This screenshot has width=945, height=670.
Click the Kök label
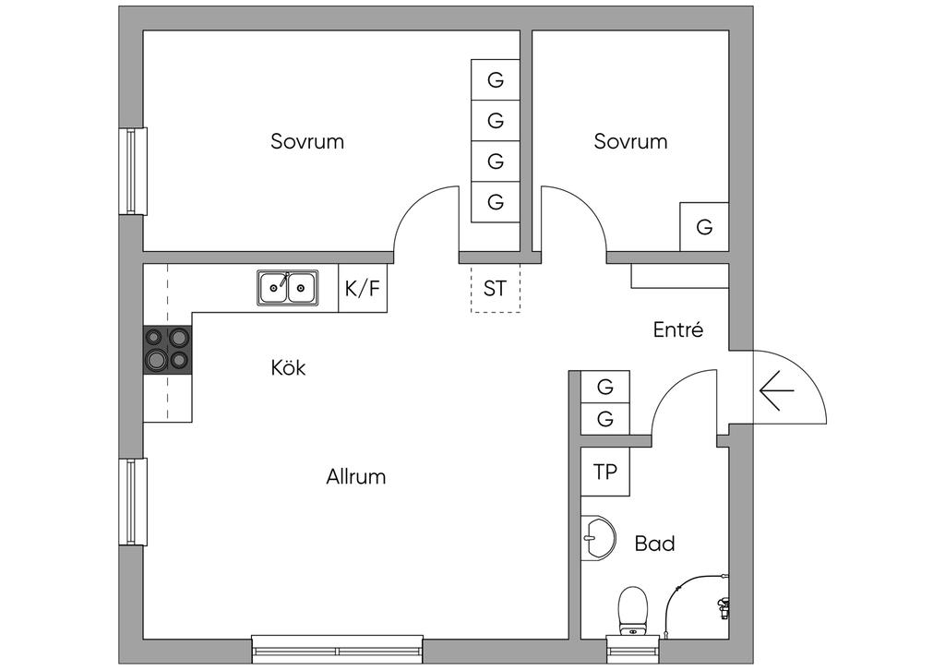click(288, 367)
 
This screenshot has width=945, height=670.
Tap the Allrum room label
click(355, 476)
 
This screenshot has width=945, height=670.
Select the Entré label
click(678, 329)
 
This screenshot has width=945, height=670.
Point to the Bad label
click(654, 544)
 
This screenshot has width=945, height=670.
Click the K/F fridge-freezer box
click(363, 288)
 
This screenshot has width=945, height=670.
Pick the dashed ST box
click(496, 288)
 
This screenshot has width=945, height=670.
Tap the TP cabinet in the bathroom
click(605, 472)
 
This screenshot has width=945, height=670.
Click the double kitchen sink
click(288, 287)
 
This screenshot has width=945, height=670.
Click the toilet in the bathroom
click(633, 612)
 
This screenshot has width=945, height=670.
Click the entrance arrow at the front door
click(777, 390)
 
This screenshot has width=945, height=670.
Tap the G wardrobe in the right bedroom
click(704, 226)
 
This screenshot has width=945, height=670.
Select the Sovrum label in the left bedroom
click(307, 141)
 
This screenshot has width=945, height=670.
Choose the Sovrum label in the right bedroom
click(630, 141)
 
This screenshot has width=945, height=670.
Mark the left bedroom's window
click(133, 171)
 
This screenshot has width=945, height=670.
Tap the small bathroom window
click(633, 650)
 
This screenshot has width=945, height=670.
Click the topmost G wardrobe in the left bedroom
click(496, 79)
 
